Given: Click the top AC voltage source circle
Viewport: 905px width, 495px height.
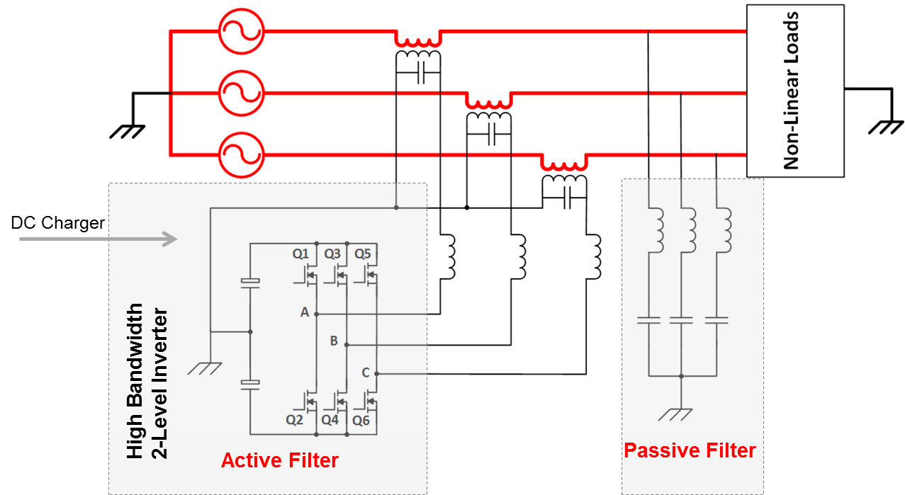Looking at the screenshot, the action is click(x=242, y=9).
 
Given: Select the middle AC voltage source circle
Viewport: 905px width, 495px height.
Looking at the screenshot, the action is click(x=242, y=71).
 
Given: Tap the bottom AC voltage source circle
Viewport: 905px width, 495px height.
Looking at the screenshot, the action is click(x=242, y=133).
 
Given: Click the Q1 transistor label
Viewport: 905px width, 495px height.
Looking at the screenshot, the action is click(x=300, y=254).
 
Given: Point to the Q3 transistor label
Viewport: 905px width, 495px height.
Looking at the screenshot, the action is click(x=332, y=254).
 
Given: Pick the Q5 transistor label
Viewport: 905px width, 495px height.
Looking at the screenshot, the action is click(x=362, y=254).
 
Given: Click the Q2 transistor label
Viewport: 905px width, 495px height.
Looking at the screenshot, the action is click(x=294, y=420).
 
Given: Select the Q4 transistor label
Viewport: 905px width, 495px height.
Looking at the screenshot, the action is click(x=330, y=420).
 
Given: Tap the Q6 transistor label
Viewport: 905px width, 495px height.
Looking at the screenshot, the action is click(x=361, y=421).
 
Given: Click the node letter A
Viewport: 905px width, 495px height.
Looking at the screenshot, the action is click(x=305, y=312).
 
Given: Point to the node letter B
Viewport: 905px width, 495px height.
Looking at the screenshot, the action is click(x=334, y=341).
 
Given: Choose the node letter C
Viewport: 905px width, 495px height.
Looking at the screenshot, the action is click(x=365, y=372).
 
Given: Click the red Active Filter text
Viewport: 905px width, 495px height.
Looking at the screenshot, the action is click(x=280, y=461).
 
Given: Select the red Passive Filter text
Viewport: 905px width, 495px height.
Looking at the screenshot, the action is click(x=690, y=450).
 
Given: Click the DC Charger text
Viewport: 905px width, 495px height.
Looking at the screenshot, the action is click(x=58, y=223).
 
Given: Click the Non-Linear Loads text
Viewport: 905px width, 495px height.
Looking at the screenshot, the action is click(x=792, y=91).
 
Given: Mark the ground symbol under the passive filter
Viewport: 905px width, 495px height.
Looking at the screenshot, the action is click(x=675, y=415).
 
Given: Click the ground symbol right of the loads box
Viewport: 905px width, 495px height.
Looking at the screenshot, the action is click(x=886, y=127).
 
